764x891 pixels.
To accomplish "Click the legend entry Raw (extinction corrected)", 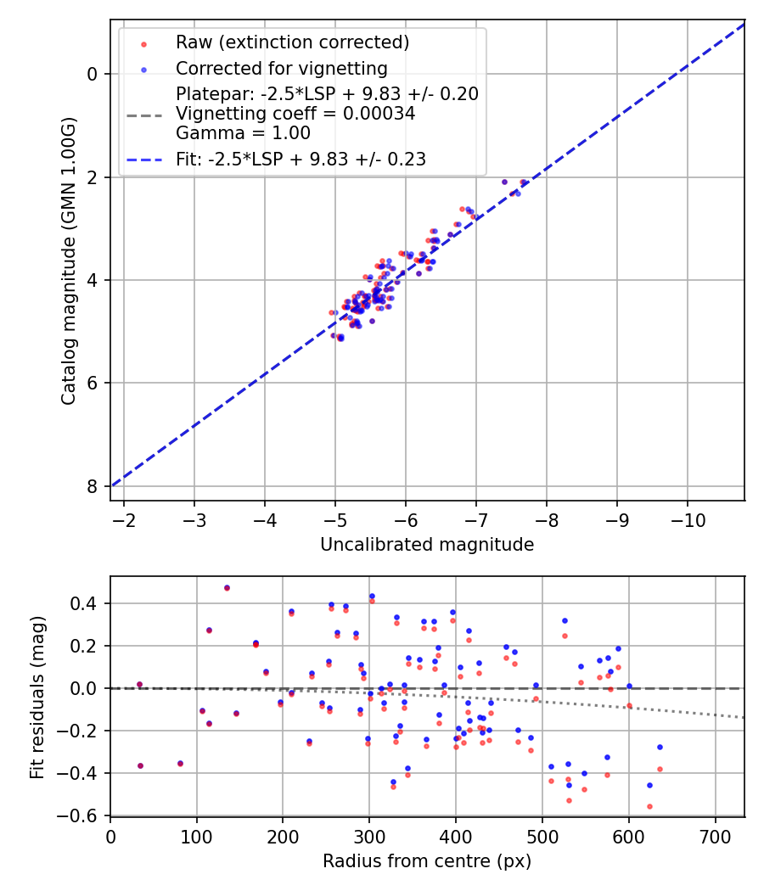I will [292, 42].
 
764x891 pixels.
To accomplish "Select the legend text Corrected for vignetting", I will [281, 68].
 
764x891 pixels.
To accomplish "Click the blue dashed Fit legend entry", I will [301, 159].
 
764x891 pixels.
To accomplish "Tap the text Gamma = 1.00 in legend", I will [243, 133].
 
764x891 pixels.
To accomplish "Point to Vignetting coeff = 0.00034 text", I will [295, 114].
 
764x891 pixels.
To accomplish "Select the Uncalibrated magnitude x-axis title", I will [427, 545].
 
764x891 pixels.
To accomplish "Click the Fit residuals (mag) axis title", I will [37, 697].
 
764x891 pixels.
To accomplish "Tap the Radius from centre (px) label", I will [427, 861].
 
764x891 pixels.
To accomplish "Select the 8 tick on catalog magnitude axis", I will [92, 486].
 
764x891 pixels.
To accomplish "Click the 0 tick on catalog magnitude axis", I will [92, 74].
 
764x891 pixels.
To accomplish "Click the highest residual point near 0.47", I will [227, 587].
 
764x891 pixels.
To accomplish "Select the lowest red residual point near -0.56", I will [649, 806].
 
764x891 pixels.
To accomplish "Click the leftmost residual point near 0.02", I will [139, 684].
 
